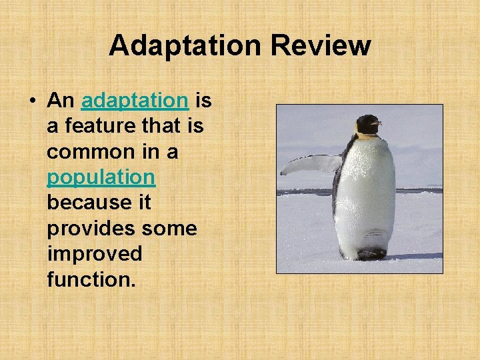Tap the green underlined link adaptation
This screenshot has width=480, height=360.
pyautogui.click(x=135, y=101)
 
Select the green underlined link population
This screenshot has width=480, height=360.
pyautogui.click(x=101, y=177)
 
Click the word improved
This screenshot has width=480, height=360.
pyautogui.click(x=94, y=253)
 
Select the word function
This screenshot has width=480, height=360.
pyautogui.click(x=91, y=279)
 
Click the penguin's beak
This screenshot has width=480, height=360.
pyautogui.click(x=377, y=123)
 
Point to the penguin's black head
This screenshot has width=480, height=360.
pyautogui.click(x=366, y=123)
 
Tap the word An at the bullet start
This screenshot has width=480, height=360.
pyautogui.click(x=61, y=101)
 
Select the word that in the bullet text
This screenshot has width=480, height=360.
pyautogui.click(x=166, y=126)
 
